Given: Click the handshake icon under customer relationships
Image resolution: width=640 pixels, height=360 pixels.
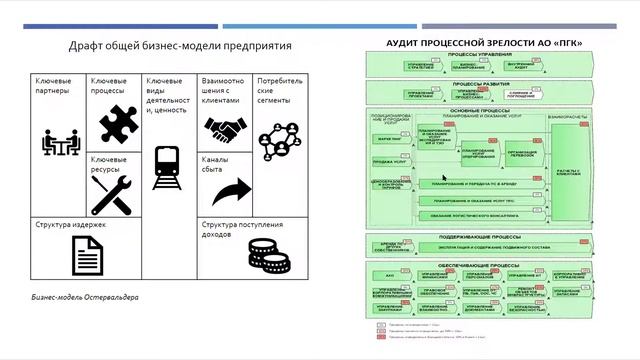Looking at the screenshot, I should tap(227, 130).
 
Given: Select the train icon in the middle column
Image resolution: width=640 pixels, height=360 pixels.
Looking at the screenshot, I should tap(166, 168).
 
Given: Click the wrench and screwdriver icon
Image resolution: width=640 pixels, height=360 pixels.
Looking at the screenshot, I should tap(112, 194).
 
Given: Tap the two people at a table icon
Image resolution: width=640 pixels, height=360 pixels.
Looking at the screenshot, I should tap(59, 143).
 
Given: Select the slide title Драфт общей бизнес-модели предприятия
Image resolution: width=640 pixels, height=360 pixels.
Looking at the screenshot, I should tap(179, 46).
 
